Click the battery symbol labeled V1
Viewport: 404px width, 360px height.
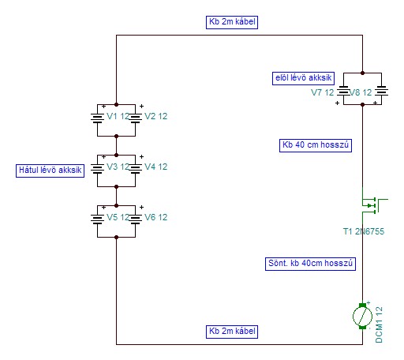click(x=97, y=118)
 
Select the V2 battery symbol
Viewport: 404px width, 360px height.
click(x=135, y=118)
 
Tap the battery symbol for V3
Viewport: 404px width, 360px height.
click(x=97, y=168)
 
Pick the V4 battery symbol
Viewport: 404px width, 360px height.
click(x=135, y=168)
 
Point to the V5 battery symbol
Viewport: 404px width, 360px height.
click(x=97, y=219)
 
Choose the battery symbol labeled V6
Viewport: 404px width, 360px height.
click(x=135, y=219)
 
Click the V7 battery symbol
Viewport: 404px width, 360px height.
click(x=343, y=91)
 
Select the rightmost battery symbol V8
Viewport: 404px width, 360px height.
click(x=381, y=91)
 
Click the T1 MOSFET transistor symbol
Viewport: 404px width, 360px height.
click(x=373, y=205)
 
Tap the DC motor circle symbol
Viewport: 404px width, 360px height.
click(x=362, y=316)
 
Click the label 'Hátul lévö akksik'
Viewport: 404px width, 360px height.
click(x=50, y=171)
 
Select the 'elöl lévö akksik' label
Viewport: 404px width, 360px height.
click(x=303, y=78)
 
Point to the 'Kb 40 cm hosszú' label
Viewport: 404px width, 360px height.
click(x=316, y=145)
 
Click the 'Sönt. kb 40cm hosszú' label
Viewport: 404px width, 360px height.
click(x=310, y=264)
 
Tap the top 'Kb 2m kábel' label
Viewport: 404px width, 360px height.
click(x=232, y=22)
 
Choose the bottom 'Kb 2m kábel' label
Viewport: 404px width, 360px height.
click(x=232, y=332)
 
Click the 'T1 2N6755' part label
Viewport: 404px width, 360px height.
click(x=364, y=231)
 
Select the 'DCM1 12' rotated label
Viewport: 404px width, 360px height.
click(x=379, y=324)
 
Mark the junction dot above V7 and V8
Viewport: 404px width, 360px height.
click(x=362, y=73)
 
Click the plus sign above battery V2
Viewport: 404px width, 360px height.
click(x=141, y=106)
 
